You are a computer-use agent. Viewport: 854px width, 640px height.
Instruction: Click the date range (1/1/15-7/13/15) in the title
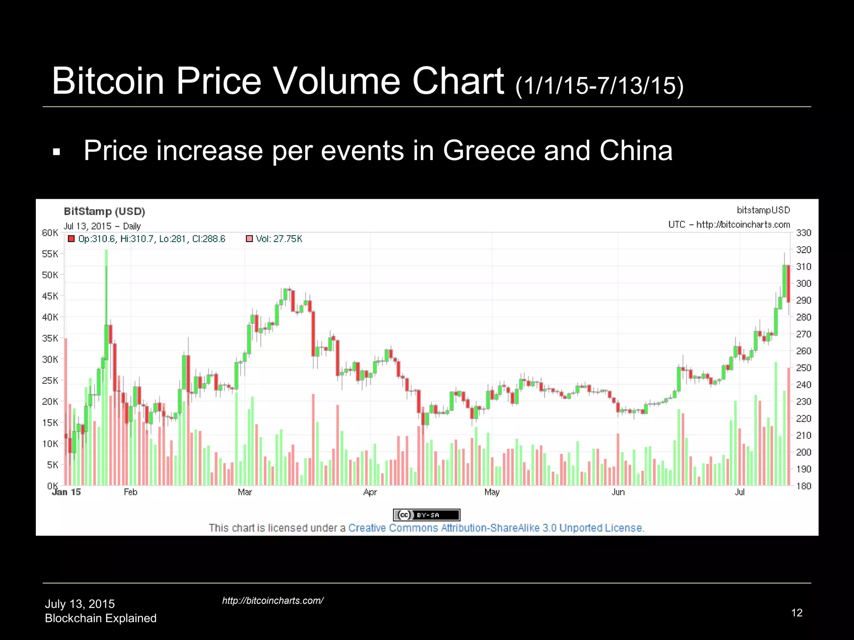(600, 85)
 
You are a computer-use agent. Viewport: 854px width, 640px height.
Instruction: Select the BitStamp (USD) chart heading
(104, 211)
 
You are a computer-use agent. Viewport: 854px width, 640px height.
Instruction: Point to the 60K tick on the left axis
(50, 232)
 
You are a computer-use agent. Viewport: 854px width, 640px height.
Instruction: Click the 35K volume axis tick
(50, 338)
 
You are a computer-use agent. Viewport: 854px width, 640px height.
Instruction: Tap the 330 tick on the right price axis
(804, 232)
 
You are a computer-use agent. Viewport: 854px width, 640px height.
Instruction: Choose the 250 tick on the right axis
(804, 368)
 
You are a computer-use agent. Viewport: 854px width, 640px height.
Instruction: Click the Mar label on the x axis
(245, 492)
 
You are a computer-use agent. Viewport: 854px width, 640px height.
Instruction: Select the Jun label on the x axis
(618, 492)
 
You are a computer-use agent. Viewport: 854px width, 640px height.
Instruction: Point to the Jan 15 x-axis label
(66, 492)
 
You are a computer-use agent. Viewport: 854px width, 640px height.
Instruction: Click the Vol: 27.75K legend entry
(279, 239)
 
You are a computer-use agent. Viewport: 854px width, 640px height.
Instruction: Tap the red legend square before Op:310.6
(71, 239)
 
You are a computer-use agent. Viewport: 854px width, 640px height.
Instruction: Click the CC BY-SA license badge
(427, 515)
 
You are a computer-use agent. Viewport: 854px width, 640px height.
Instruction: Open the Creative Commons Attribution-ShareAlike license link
(496, 528)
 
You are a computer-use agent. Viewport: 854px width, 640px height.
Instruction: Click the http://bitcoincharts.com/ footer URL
(273, 600)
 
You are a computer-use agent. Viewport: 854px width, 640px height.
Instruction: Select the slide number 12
(796, 612)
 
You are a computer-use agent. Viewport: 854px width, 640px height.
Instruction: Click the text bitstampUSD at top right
(763, 210)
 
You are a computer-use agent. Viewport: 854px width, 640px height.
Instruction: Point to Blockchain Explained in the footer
(100, 618)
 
